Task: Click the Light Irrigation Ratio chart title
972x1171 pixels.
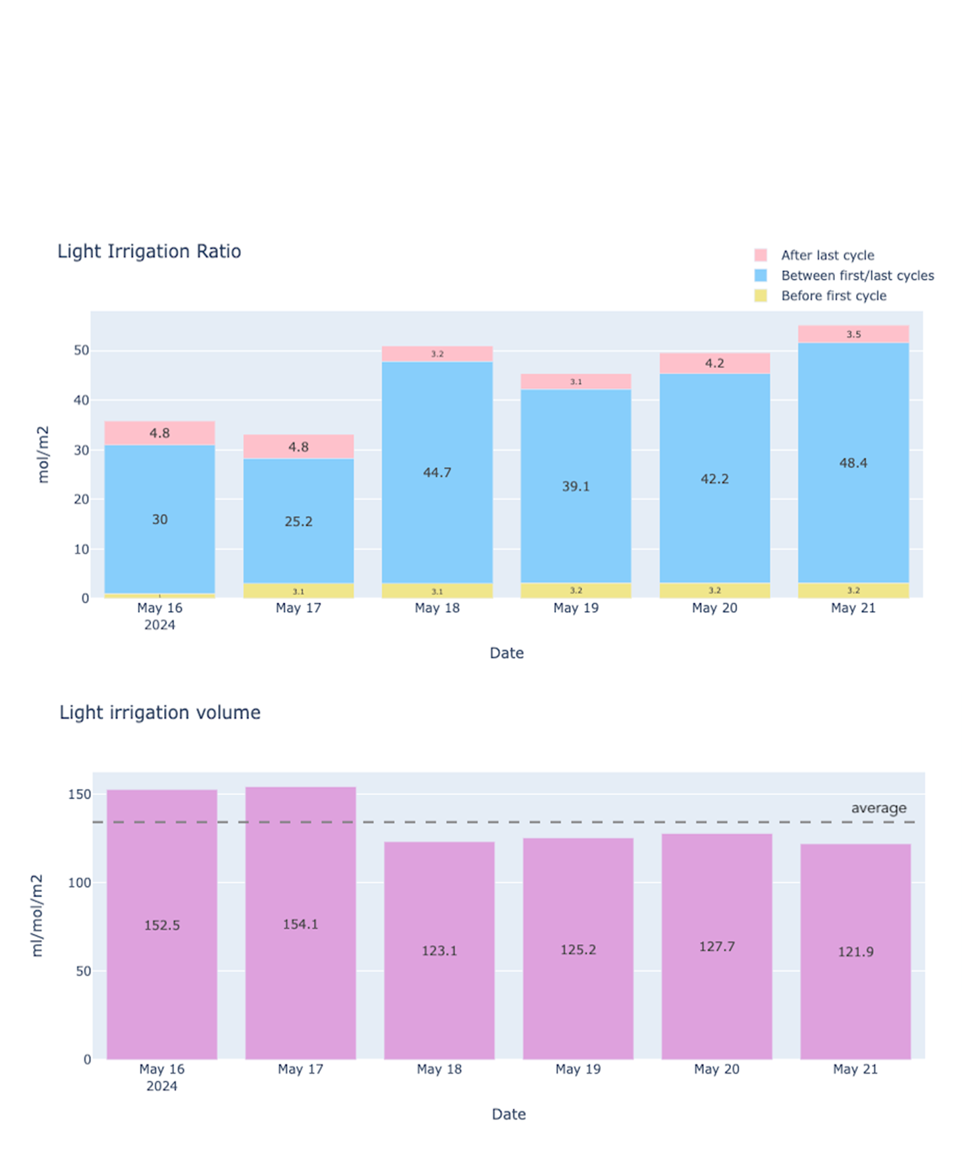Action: coord(149,251)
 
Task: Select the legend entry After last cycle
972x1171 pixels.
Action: coord(827,255)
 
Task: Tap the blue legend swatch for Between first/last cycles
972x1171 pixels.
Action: coord(761,276)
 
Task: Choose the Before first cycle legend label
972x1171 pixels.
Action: coord(834,296)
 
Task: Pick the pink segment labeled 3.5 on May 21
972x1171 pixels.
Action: coord(853,334)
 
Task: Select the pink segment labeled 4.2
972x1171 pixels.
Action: coord(714,363)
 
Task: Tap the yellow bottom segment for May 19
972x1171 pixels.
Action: coord(576,590)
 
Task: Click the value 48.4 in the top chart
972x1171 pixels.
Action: coord(853,463)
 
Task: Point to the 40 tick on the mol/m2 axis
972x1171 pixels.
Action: coord(82,400)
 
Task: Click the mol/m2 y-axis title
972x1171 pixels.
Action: coord(43,454)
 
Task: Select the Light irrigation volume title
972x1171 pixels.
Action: coord(160,712)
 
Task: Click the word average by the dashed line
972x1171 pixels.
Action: coord(878,808)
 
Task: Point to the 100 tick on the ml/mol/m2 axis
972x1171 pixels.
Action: coord(80,883)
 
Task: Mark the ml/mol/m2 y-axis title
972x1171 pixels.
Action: coord(38,916)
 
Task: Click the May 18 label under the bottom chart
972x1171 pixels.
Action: coord(439,1069)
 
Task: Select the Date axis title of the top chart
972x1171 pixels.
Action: coord(507,653)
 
